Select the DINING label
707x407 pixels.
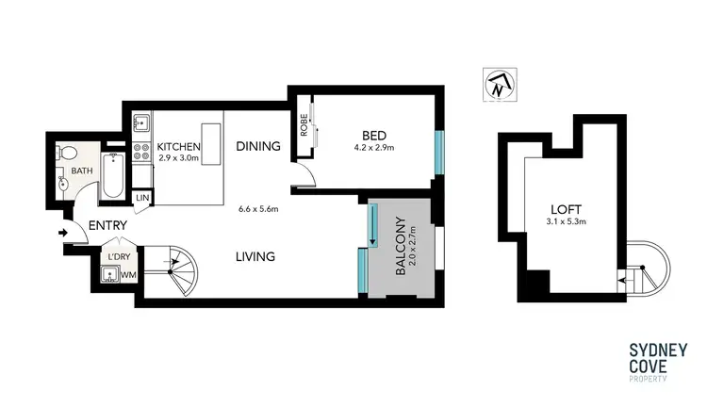(259, 146)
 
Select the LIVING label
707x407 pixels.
(255, 256)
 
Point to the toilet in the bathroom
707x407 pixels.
(67, 155)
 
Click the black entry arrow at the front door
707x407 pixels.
(63, 232)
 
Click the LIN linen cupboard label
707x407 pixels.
(142, 198)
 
